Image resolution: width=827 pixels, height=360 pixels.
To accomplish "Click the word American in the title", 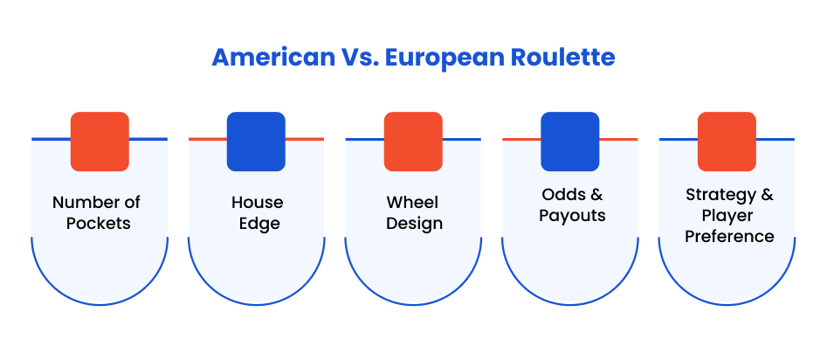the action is pyautogui.click(x=272, y=57).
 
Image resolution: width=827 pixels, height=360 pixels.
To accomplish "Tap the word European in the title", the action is pyautogui.click(x=445, y=58).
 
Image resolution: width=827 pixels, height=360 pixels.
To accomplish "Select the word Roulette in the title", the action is pyautogui.click(x=562, y=57).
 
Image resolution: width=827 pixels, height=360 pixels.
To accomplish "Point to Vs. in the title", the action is pyautogui.click(x=359, y=57).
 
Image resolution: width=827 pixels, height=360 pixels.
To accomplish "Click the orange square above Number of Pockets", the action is pyautogui.click(x=100, y=142).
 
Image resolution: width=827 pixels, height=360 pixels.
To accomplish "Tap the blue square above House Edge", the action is pyautogui.click(x=257, y=142).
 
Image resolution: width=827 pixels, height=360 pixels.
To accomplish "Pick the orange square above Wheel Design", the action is pyautogui.click(x=413, y=142).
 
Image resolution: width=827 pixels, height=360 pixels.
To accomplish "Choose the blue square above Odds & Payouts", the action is pyautogui.click(x=570, y=142).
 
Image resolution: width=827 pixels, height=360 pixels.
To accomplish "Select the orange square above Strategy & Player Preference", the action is pyautogui.click(x=727, y=142).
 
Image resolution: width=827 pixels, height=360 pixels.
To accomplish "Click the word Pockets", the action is pyautogui.click(x=98, y=223).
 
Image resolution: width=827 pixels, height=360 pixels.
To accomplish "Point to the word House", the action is pyautogui.click(x=258, y=202).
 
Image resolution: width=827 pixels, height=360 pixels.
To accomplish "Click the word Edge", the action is pyautogui.click(x=259, y=224).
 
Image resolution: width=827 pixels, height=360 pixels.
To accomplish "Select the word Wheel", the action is pyautogui.click(x=413, y=202).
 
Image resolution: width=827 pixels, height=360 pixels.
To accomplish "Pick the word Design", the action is pyautogui.click(x=414, y=224).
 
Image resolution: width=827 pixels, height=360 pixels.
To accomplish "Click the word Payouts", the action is pyautogui.click(x=572, y=215).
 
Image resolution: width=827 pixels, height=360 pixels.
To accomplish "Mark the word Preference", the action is pyautogui.click(x=729, y=236).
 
